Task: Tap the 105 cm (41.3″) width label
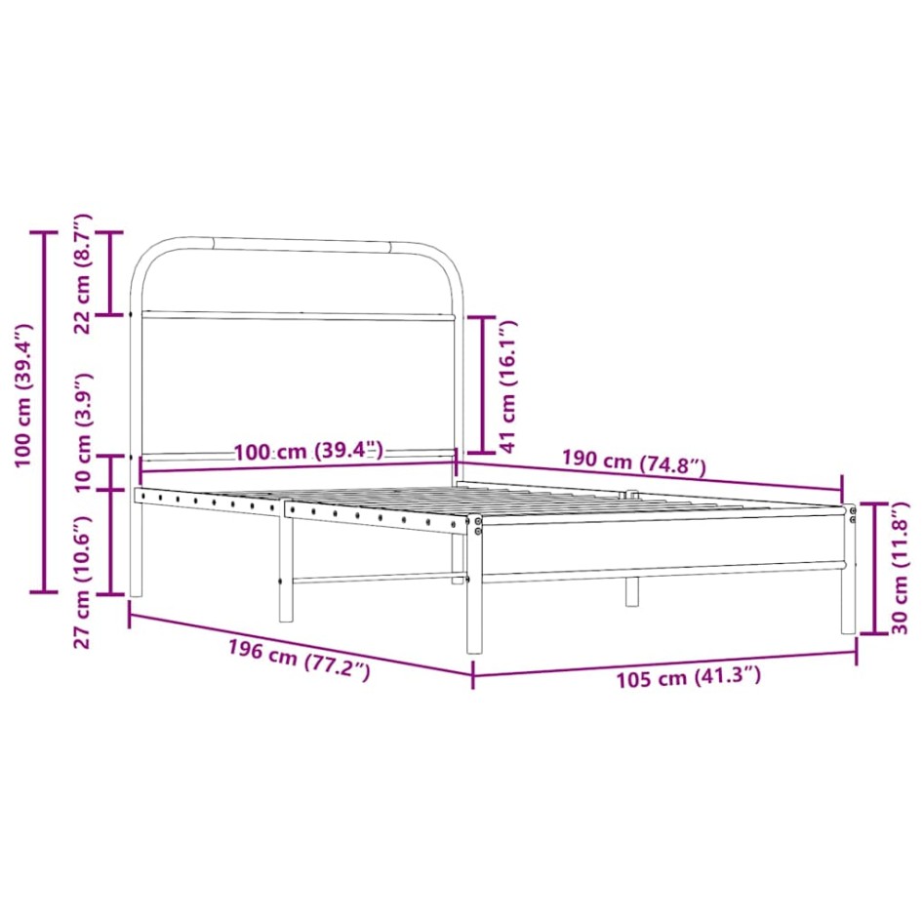(688, 677)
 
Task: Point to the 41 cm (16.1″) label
(507, 386)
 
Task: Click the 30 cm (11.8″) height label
(900, 568)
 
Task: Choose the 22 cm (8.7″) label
(83, 274)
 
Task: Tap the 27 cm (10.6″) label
(83, 583)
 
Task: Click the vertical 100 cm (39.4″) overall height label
(24, 395)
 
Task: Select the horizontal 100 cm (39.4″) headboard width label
(308, 452)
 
